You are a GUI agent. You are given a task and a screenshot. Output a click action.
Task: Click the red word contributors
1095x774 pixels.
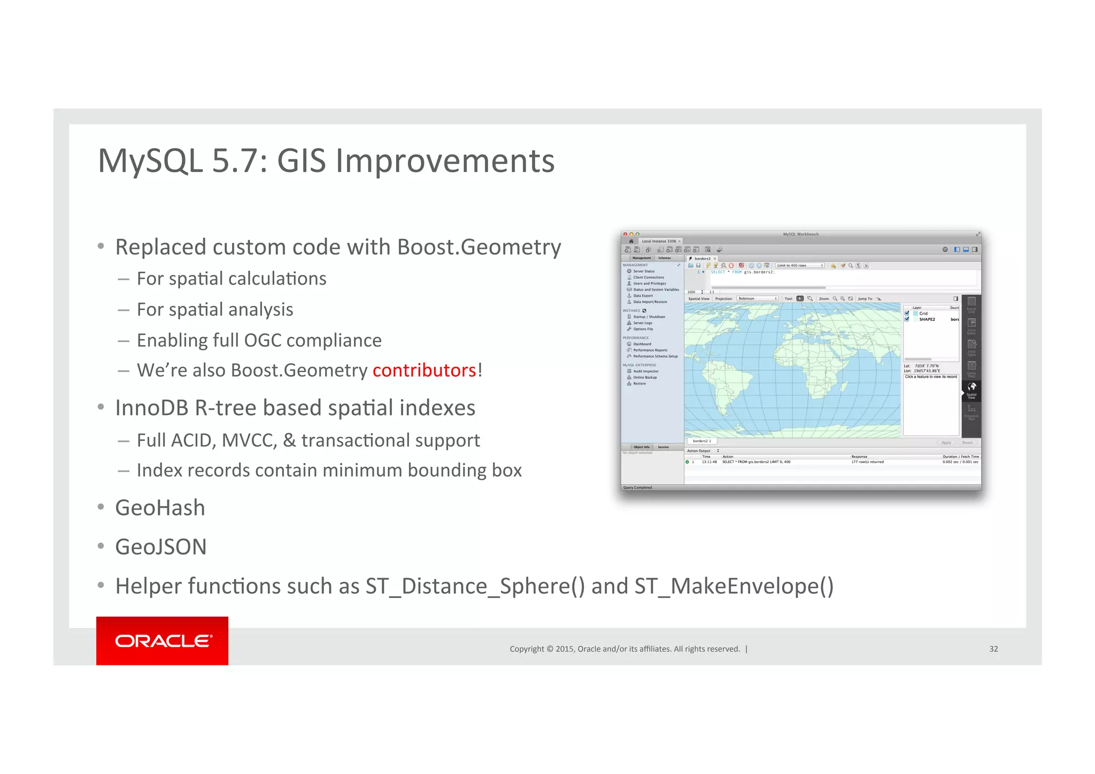coord(424,370)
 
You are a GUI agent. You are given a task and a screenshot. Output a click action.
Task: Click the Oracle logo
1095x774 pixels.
coord(163,641)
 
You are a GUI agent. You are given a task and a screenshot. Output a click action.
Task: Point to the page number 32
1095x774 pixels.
coord(993,649)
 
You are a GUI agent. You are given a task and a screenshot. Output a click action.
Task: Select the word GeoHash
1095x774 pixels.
coord(160,508)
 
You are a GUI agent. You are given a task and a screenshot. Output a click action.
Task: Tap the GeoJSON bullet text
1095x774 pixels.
coord(160,547)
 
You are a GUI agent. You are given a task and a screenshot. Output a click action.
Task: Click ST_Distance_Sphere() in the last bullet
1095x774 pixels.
coord(475,586)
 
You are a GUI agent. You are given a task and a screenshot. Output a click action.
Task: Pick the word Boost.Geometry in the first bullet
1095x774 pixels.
coord(479,247)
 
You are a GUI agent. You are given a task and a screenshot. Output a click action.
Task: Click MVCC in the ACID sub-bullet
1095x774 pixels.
coord(249,440)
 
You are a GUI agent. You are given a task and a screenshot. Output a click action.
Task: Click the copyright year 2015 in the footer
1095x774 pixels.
coord(565,649)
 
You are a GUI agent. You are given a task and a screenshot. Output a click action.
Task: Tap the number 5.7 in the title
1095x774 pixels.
coord(235,160)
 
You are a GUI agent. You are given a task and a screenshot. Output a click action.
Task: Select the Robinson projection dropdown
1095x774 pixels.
coord(757,298)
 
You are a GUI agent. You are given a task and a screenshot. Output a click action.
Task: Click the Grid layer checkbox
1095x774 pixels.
coord(907,313)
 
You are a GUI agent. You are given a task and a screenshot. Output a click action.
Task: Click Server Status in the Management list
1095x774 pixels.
coord(643,271)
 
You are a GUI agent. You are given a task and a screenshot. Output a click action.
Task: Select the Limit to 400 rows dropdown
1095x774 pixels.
coord(799,265)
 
